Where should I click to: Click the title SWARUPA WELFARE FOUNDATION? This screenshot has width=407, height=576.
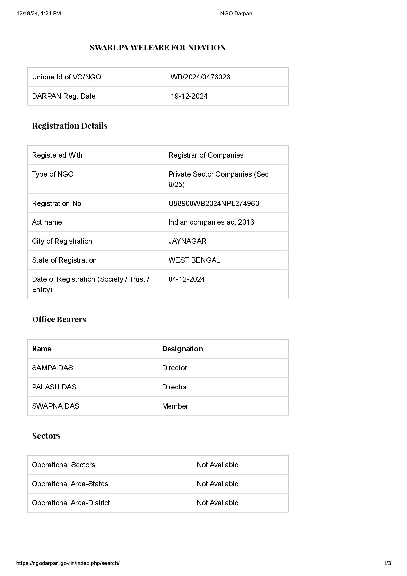(158, 48)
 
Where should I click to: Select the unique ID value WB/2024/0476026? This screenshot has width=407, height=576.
(200, 77)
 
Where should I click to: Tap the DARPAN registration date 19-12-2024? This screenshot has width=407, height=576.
(189, 96)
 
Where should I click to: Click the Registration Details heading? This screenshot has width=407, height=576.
(70, 126)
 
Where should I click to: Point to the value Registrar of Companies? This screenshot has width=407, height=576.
(206, 155)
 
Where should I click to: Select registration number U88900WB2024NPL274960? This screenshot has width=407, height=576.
(214, 204)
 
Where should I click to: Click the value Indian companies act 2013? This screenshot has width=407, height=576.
(211, 222)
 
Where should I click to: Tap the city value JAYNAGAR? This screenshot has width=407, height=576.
(187, 241)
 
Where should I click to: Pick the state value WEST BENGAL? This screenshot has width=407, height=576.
(194, 260)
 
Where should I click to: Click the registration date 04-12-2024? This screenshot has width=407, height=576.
(187, 279)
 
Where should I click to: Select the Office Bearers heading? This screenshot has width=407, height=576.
(59, 319)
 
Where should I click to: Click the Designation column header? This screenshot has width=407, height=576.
(182, 349)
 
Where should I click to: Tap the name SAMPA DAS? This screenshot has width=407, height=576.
(52, 368)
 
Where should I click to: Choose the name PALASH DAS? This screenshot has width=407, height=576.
(54, 387)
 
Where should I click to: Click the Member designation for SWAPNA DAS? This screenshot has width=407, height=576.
(175, 406)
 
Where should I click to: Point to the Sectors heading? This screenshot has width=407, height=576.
(46, 436)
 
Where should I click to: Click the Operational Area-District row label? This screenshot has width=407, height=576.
(71, 503)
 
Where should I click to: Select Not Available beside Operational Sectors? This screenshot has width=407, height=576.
(217, 465)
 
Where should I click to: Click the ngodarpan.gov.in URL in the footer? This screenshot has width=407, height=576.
(68, 563)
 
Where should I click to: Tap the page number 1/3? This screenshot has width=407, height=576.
(387, 563)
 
